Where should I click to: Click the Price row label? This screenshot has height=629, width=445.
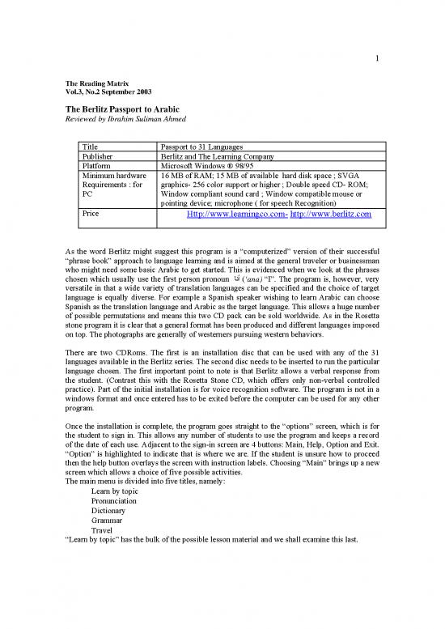click(x=92, y=214)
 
